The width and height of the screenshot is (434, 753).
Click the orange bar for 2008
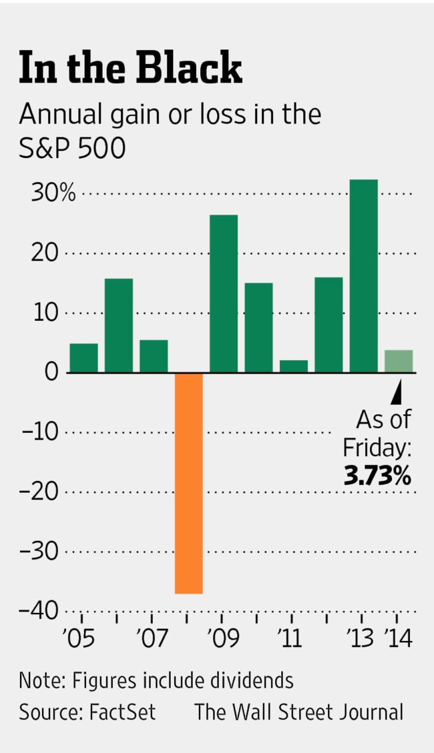tap(189, 483)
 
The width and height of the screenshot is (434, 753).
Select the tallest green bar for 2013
tap(364, 275)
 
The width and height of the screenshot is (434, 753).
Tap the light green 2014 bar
tap(399, 361)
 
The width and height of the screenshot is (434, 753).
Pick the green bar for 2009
tap(224, 293)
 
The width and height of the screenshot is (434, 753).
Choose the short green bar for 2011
tap(294, 366)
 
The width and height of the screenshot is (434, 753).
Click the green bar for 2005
tap(83, 357)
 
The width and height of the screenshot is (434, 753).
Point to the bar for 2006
tap(119, 325)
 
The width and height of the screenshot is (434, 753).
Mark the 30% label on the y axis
tap(53, 193)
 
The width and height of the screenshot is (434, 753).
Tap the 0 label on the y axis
tap(51, 373)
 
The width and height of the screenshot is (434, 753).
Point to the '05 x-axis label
tap(79, 638)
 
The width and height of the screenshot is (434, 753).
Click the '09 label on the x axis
tap(223, 638)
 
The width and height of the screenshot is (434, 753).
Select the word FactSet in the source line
tap(122, 712)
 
